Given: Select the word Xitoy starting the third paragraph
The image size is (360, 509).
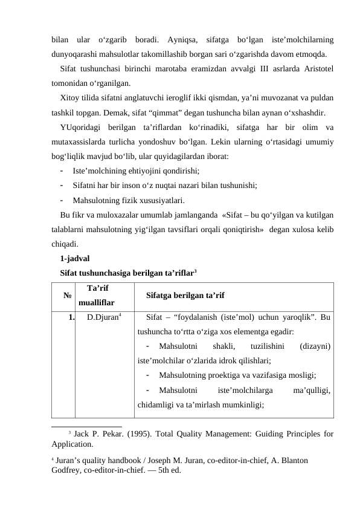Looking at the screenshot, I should [71, 97].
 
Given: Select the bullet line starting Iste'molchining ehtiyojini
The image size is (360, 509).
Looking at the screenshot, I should [136, 171].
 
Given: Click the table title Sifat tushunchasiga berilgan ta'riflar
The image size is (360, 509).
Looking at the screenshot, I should [132, 273].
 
